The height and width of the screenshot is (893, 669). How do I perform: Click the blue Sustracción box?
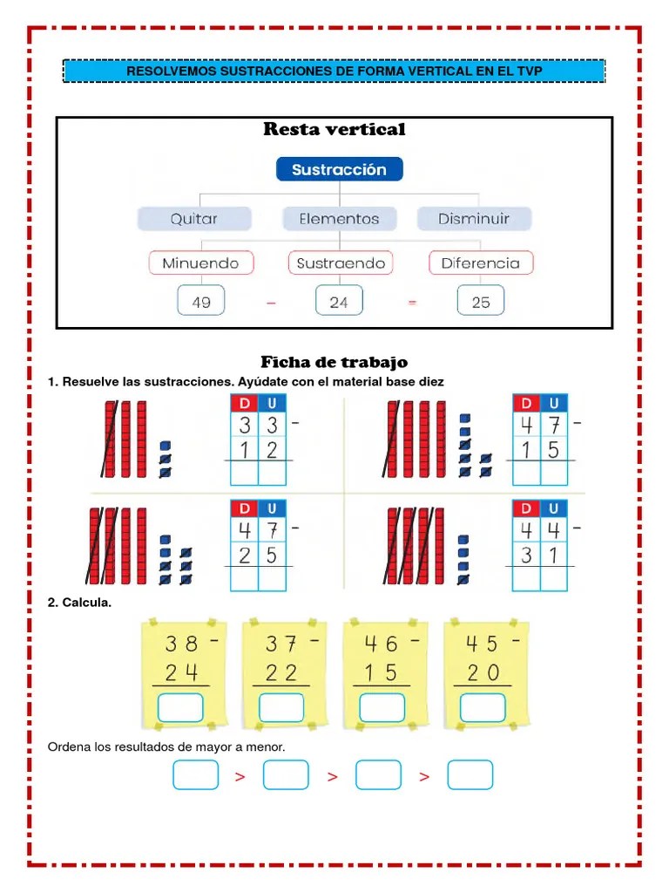click(339, 169)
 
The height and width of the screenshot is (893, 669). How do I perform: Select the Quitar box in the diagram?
click(194, 219)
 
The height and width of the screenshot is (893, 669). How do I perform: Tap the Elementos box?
click(339, 219)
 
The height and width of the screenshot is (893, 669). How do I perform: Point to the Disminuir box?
click(474, 219)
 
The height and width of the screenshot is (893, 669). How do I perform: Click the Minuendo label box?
click(200, 262)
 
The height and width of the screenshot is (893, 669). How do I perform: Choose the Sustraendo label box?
click(341, 262)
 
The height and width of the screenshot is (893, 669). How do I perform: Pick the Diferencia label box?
click(480, 262)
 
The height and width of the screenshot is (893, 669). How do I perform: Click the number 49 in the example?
click(200, 302)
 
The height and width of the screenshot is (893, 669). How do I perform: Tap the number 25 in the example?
click(480, 302)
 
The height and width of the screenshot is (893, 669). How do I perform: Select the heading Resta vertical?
click(334, 130)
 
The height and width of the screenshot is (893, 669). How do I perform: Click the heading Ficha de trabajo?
click(334, 362)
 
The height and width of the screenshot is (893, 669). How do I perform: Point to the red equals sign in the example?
click(412, 303)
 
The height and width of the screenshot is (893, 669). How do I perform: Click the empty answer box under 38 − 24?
click(180, 707)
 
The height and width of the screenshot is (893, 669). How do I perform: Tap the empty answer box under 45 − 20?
click(482, 707)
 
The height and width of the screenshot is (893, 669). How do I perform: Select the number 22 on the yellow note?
click(281, 672)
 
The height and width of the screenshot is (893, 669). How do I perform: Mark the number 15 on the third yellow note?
click(381, 672)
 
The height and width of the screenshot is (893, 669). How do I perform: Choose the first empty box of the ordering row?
click(195, 774)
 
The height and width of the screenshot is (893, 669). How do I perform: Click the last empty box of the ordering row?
click(470, 774)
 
